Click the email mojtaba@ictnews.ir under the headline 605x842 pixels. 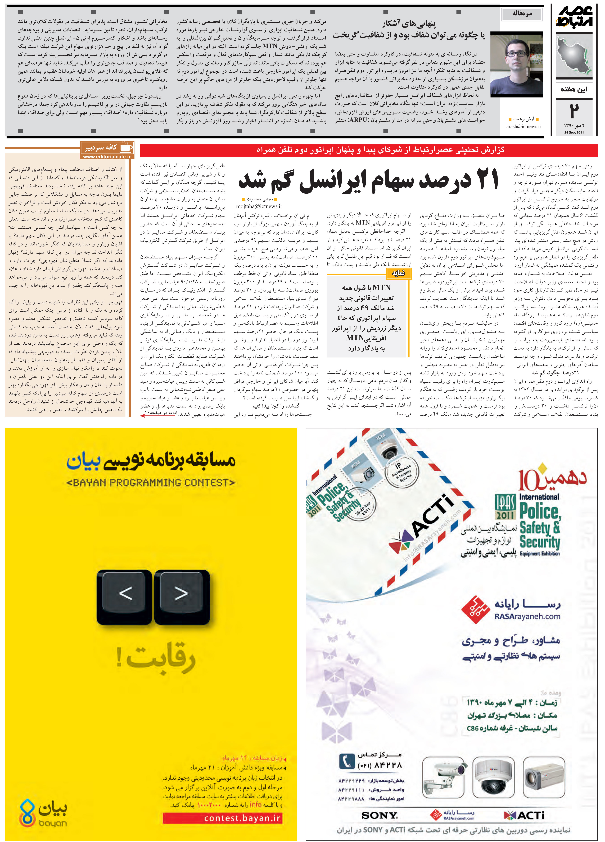pyautogui.click(x=259, y=206)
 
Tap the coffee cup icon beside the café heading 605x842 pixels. pyautogui.click(x=126, y=147)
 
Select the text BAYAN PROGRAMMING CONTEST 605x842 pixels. pyautogui.click(x=151, y=483)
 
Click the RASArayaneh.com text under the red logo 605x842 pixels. pyautogui.click(x=527, y=617)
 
